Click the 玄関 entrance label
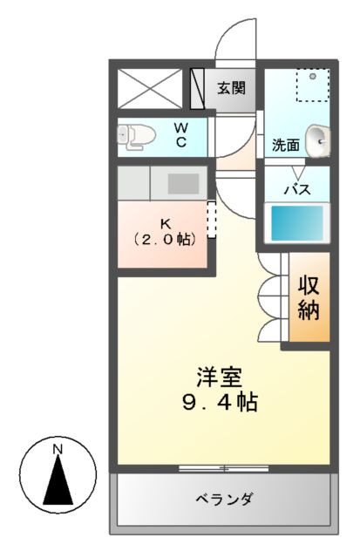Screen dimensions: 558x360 tap(231, 87)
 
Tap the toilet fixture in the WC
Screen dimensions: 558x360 tap(138, 135)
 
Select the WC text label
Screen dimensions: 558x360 tap(181, 135)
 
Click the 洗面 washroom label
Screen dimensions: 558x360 tap(285, 145)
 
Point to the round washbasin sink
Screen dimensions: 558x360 tap(319, 137)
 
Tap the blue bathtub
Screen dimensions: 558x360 tap(296, 224)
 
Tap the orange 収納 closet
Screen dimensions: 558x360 tap(309, 297)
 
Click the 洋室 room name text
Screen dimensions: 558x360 tap(219, 378)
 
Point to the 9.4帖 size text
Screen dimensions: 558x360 tap(220, 404)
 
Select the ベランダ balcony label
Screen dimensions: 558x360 tap(224, 500)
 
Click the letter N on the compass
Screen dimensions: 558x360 tap(58, 449)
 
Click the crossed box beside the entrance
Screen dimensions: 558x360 tap(152, 87)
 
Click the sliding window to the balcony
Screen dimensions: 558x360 tap(224, 469)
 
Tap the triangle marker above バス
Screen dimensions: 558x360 tap(296, 172)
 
